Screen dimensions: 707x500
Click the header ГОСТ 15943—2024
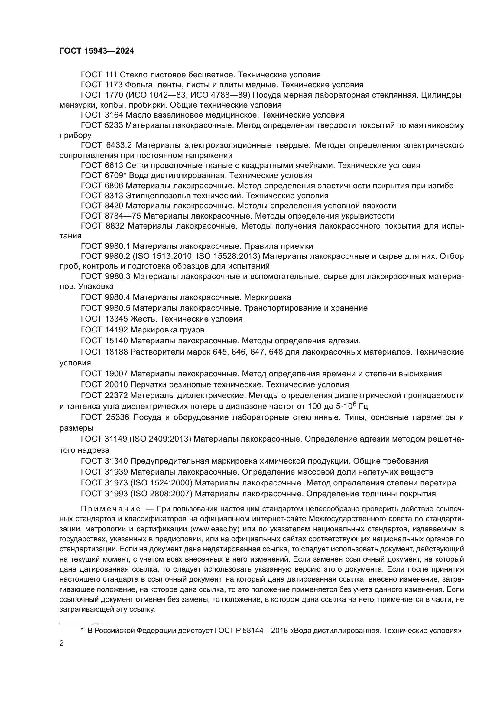(97, 51)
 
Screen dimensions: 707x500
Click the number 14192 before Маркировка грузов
(116, 330)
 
